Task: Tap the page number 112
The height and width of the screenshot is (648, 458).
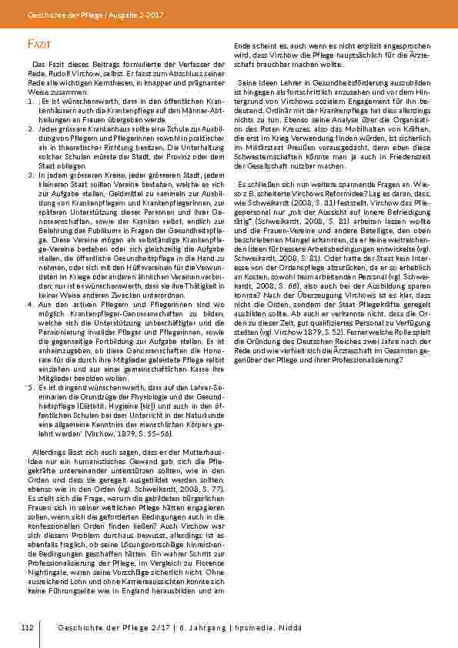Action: coord(28,629)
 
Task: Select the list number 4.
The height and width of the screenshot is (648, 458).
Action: coord(23,284)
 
